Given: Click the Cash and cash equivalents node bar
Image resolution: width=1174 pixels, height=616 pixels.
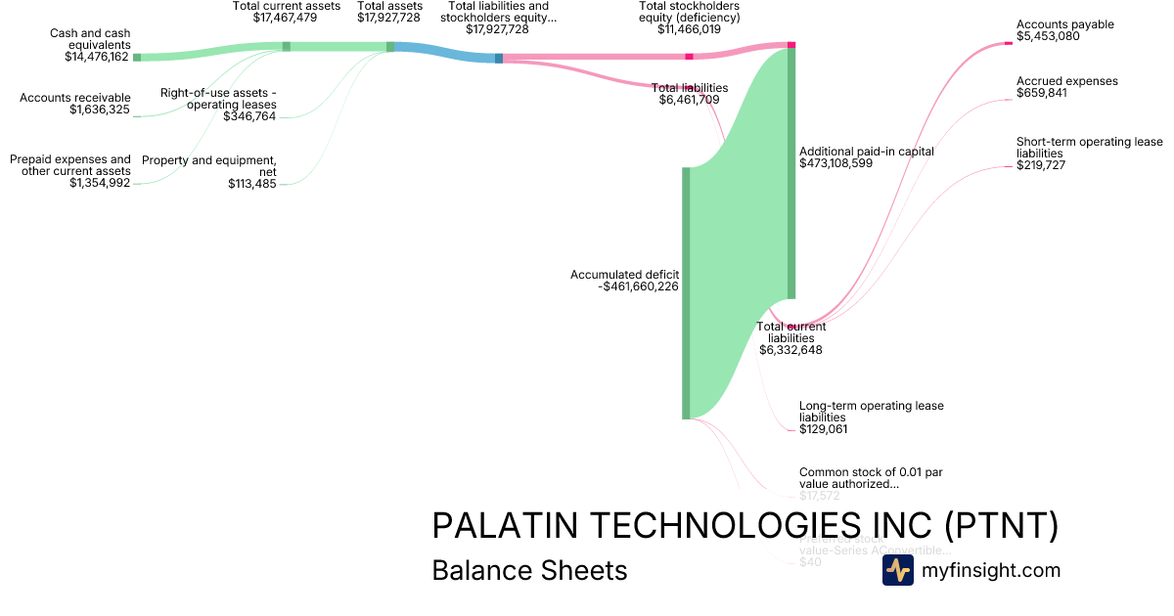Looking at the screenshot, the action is [x=137, y=58].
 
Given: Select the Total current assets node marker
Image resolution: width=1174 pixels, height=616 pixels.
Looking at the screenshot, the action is [x=286, y=46].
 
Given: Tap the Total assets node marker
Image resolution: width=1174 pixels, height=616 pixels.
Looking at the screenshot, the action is [x=390, y=46].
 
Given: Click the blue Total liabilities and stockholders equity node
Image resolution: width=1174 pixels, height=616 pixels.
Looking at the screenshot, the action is [x=499, y=59].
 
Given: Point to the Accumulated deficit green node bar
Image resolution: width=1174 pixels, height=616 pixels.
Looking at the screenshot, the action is [x=686, y=293].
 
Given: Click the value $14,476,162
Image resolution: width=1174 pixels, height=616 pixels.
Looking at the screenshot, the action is [x=97, y=57].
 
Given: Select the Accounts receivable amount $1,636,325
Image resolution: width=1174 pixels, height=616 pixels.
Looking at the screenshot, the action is [x=99, y=110].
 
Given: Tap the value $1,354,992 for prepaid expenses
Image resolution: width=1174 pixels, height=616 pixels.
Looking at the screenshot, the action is [x=99, y=183].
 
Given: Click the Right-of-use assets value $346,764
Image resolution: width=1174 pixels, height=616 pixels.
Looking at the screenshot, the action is [x=249, y=116].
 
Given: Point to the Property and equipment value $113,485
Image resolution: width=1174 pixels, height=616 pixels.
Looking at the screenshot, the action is [x=251, y=183].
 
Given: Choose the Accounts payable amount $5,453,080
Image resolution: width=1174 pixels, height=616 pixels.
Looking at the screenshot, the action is [x=1048, y=36].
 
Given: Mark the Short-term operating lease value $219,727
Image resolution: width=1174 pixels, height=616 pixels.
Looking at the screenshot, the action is [x=1041, y=165].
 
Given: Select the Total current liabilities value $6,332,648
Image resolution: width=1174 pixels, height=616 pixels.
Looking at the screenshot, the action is [x=790, y=350].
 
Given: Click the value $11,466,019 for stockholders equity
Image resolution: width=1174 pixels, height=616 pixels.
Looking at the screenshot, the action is [x=690, y=29].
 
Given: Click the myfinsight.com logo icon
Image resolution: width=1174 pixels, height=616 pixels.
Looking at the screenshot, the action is [x=897, y=570].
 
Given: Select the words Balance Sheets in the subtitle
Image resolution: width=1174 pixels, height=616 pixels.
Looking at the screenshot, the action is [x=529, y=570].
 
